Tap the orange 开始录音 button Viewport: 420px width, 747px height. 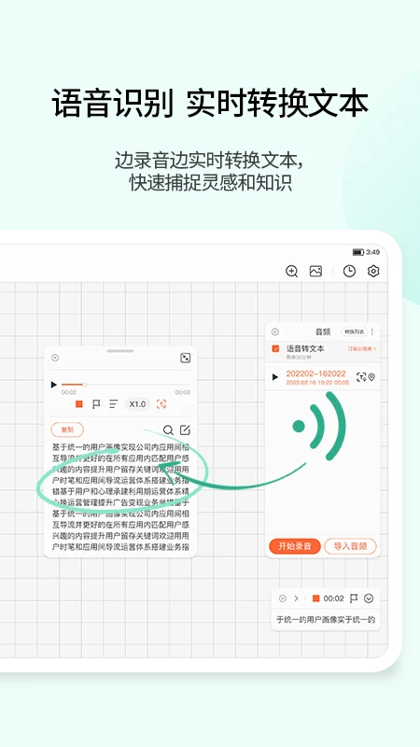click(295, 546)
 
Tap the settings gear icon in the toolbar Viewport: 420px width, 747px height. click(373, 271)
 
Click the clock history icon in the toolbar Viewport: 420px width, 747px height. click(349, 271)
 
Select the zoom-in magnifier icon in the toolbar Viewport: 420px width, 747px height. click(292, 271)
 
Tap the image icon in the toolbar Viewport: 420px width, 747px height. click(316, 271)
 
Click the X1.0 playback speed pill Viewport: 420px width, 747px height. click(137, 404)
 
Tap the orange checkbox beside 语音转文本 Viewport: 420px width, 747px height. click(275, 348)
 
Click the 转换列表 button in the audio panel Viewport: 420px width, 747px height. click(354, 331)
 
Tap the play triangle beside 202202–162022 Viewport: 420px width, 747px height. click(274, 377)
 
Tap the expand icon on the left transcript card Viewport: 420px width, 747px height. click(185, 358)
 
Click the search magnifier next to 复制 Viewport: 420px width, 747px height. click(168, 430)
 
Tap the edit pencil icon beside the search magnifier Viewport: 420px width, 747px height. click(185, 430)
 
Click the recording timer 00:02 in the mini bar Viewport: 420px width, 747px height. click(334, 599)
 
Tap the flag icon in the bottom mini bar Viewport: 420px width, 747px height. click(354, 599)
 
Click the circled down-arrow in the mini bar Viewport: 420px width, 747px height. click(369, 599)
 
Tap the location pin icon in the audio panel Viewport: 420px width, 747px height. click(371, 377)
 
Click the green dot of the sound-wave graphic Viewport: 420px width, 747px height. click(299, 427)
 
